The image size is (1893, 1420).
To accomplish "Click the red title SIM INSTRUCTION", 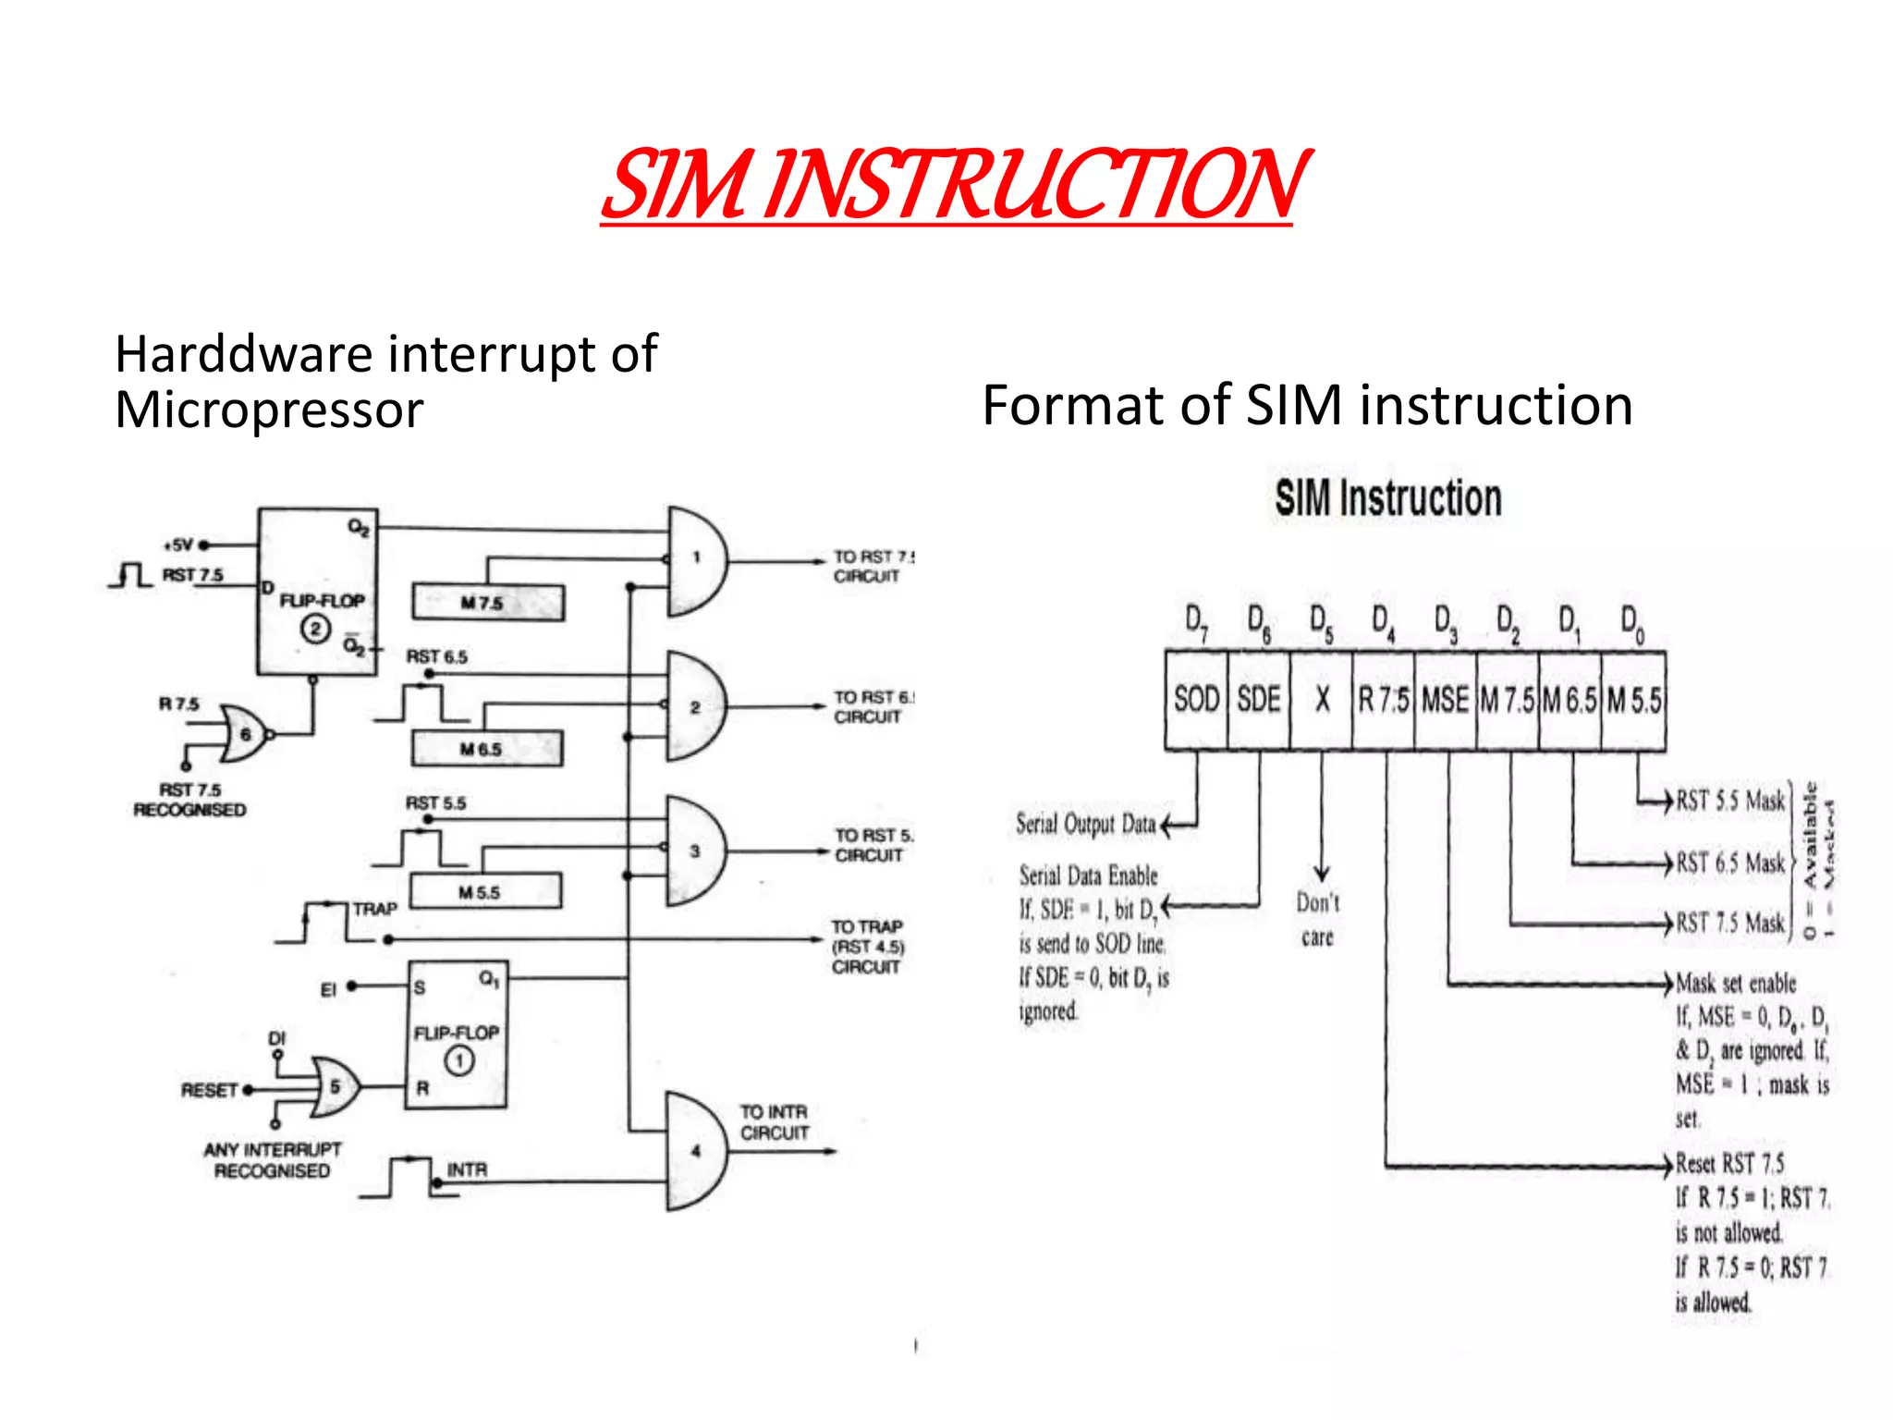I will (x=954, y=185).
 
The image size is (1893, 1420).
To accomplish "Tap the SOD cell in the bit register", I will (x=1196, y=700).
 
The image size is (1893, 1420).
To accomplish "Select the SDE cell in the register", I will (x=1259, y=700).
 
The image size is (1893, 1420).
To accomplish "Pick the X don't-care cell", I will (x=1322, y=700).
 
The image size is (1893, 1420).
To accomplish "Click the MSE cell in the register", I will (x=1446, y=700).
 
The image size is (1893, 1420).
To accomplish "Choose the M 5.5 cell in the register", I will (x=1633, y=700).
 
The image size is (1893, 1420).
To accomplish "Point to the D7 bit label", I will (x=1196, y=622).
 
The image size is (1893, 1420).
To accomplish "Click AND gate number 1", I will (x=696, y=558).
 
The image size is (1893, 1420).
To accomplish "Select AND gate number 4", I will (x=696, y=1151).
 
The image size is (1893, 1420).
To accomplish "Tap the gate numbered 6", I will (x=244, y=734).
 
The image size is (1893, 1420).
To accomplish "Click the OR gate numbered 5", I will (x=335, y=1087).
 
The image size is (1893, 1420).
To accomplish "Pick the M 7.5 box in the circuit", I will (x=488, y=603).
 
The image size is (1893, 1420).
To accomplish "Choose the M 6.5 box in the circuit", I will (x=486, y=749).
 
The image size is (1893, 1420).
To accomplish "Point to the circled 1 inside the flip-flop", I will (x=459, y=1060).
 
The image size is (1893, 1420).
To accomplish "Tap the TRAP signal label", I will (x=374, y=910).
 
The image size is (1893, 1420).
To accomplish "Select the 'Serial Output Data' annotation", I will (x=1086, y=824).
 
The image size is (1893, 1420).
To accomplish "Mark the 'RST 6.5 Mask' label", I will (x=1730, y=863).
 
